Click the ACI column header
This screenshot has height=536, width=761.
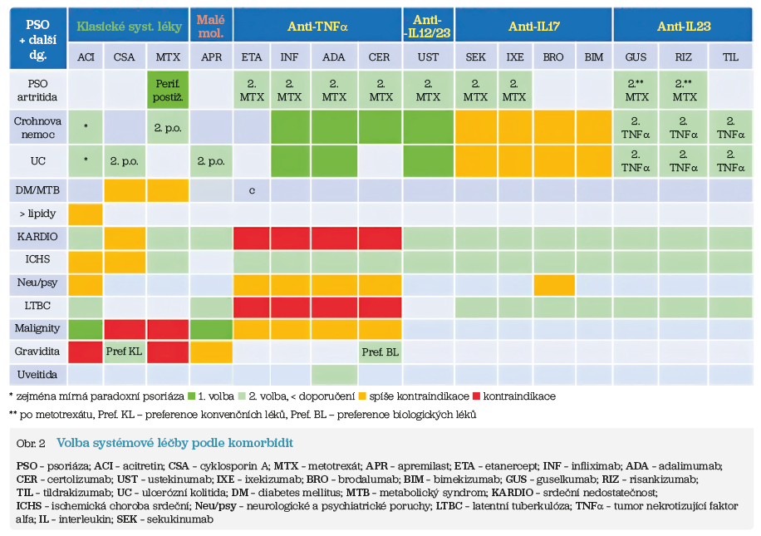tap(86, 57)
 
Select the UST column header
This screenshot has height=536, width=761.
tap(428, 57)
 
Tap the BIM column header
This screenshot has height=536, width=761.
tap(593, 57)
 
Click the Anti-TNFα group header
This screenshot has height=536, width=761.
tap(317, 27)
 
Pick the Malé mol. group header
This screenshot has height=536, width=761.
tap(212, 27)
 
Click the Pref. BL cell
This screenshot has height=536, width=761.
tap(380, 352)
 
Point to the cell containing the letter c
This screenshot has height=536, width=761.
tap(251, 190)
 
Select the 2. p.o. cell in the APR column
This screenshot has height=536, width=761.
tap(212, 159)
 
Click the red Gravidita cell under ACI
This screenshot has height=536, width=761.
tap(86, 352)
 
